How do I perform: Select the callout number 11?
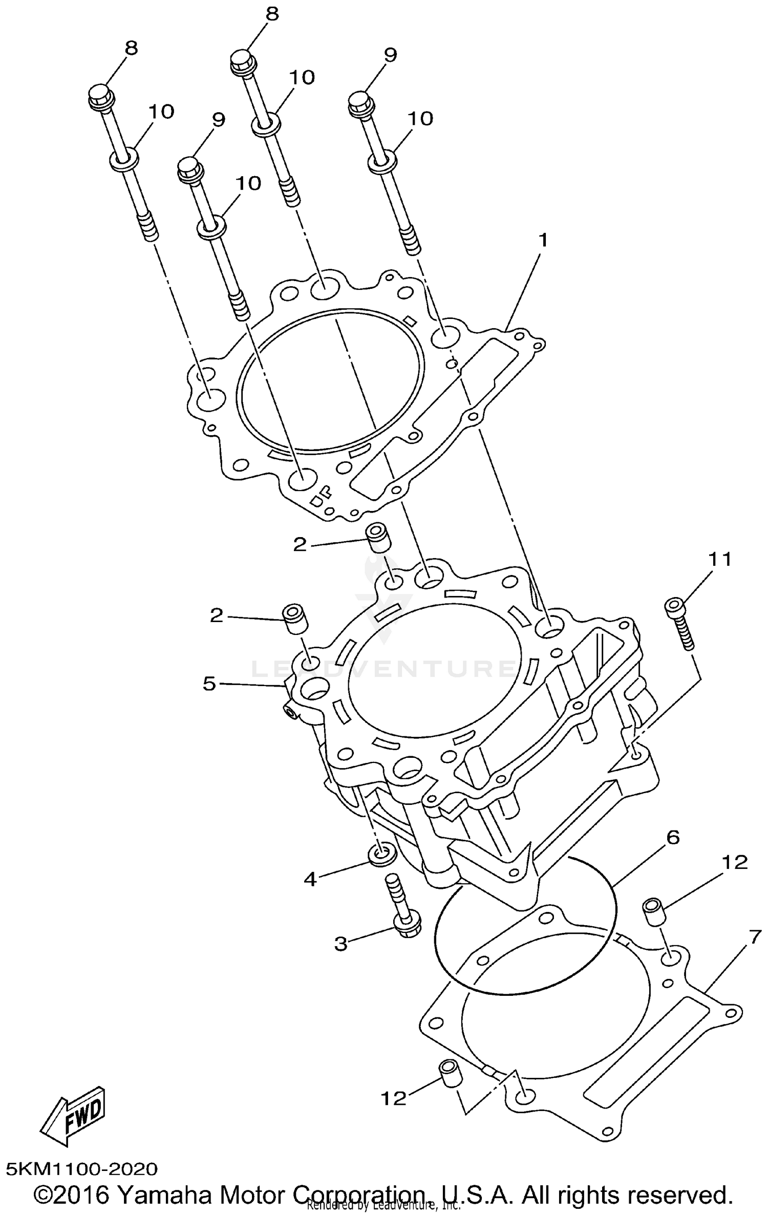click(x=719, y=559)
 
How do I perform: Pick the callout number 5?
click(x=209, y=684)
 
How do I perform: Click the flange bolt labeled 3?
click(x=402, y=907)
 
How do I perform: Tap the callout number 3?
click(x=341, y=943)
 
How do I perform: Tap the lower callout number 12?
click(x=393, y=1098)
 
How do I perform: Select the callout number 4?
click(x=311, y=879)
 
